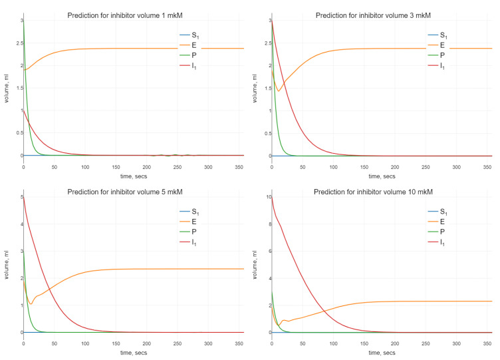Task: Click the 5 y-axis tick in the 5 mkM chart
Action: click(20, 197)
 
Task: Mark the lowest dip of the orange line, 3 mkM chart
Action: click(279, 91)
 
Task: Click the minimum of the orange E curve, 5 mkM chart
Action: click(31, 304)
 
